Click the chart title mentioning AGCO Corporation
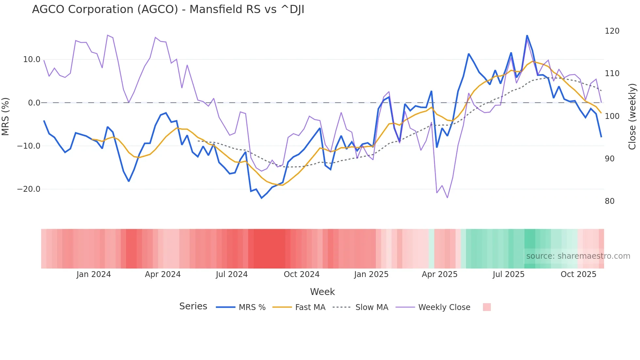tap(168, 9)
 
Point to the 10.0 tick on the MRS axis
tap(32, 59)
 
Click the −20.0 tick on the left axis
tap(29, 189)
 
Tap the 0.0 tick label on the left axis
tap(34, 103)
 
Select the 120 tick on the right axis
tap(612, 31)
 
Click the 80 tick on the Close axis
tap(610, 201)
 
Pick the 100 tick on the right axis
tap(612, 116)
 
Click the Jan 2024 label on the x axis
tap(94, 274)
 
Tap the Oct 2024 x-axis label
tap(301, 274)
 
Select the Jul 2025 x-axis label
tap(508, 274)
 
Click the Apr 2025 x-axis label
tap(440, 274)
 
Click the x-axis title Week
tap(322, 292)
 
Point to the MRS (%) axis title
tap(6, 117)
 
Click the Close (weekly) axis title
tap(632, 117)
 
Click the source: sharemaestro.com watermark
tap(578, 256)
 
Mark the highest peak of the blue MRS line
tap(527, 36)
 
